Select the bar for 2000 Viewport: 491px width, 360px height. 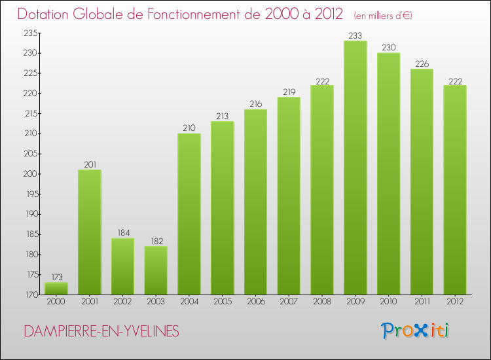tap(56, 289)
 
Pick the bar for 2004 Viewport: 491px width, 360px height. tap(189, 214)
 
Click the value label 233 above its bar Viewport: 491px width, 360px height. tap(355, 36)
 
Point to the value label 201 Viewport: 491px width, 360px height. tap(90, 165)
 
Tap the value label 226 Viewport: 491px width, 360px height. tap(422, 64)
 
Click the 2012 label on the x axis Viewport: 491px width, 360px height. tap(455, 303)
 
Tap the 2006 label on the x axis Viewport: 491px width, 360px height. tap(256, 303)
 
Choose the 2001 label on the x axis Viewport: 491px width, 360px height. tap(90, 303)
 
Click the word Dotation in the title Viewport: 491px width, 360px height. tap(46, 14)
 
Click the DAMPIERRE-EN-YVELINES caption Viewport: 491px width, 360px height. tap(101, 331)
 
